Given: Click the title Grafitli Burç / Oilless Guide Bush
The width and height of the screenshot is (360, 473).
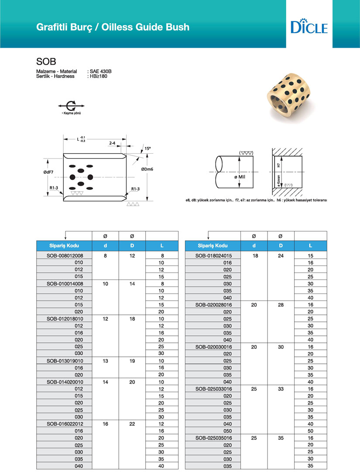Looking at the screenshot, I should point(113,27).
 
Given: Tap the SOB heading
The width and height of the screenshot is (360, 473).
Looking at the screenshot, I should point(46,61).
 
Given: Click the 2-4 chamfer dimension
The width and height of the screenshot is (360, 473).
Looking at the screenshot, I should point(112,143).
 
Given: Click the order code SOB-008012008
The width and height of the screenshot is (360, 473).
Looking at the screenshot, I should point(65,255).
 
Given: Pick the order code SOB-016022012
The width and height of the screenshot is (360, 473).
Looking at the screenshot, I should point(65,424).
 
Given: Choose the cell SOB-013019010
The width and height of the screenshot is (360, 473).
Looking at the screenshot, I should point(65,361).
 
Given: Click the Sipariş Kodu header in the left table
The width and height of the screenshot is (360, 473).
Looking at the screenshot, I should point(65,245).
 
